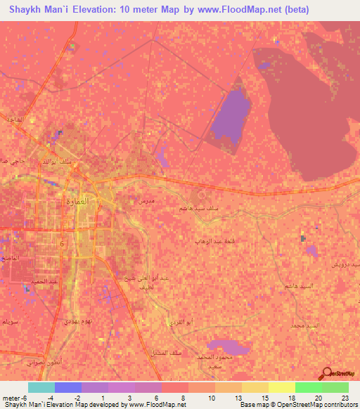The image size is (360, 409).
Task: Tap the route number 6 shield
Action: tap(62, 242)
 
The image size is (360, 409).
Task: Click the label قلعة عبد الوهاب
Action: tap(214, 240)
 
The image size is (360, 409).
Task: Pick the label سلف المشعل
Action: tap(165, 351)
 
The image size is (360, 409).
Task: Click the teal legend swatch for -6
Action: tap(41, 387)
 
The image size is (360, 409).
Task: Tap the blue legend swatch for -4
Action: tap(67, 387)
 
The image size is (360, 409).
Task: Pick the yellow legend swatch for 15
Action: tap(255, 387)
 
